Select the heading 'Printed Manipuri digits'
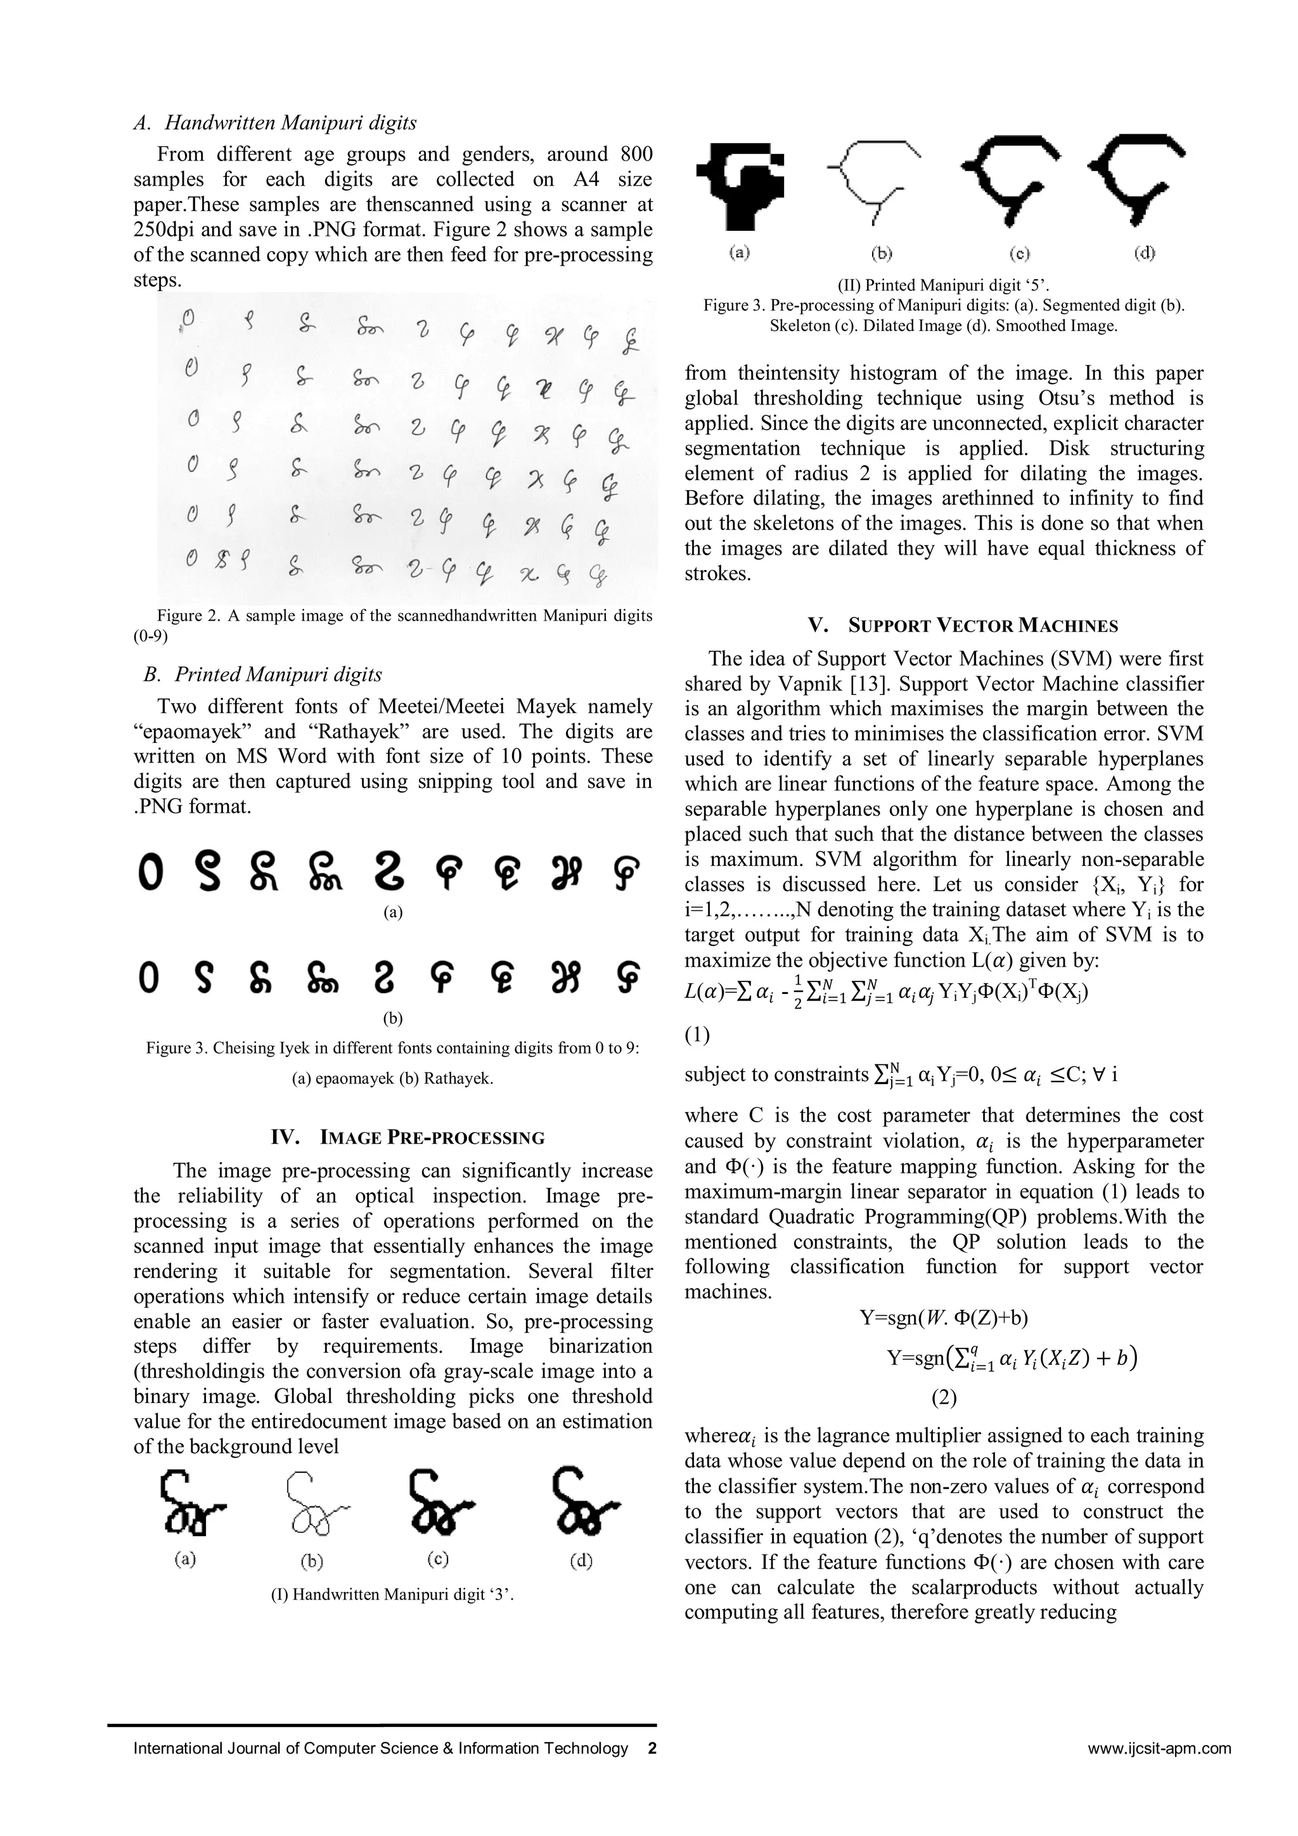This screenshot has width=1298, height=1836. pyautogui.click(x=278, y=675)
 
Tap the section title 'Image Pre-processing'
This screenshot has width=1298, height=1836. pyautogui.click(x=432, y=1138)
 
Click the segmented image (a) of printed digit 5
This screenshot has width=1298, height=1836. pyautogui.click(x=740, y=184)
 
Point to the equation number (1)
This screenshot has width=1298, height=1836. pyautogui.click(x=697, y=1035)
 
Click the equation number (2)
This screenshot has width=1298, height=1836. pyautogui.click(x=943, y=1397)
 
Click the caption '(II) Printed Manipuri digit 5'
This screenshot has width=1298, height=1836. pyautogui.click(x=943, y=285)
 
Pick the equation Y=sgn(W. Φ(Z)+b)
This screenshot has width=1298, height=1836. pyautogui.click(x=943, y=1317)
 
